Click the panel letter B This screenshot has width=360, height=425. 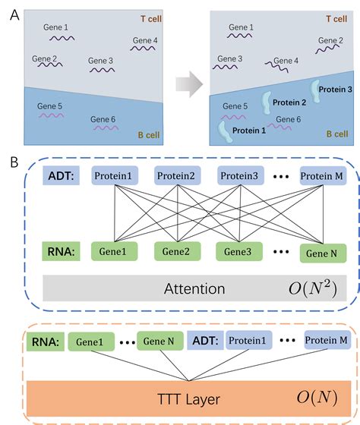tap(8, 162)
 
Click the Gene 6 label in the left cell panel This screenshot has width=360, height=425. tap(104, 119)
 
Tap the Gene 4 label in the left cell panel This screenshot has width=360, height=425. tap(145, 40)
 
